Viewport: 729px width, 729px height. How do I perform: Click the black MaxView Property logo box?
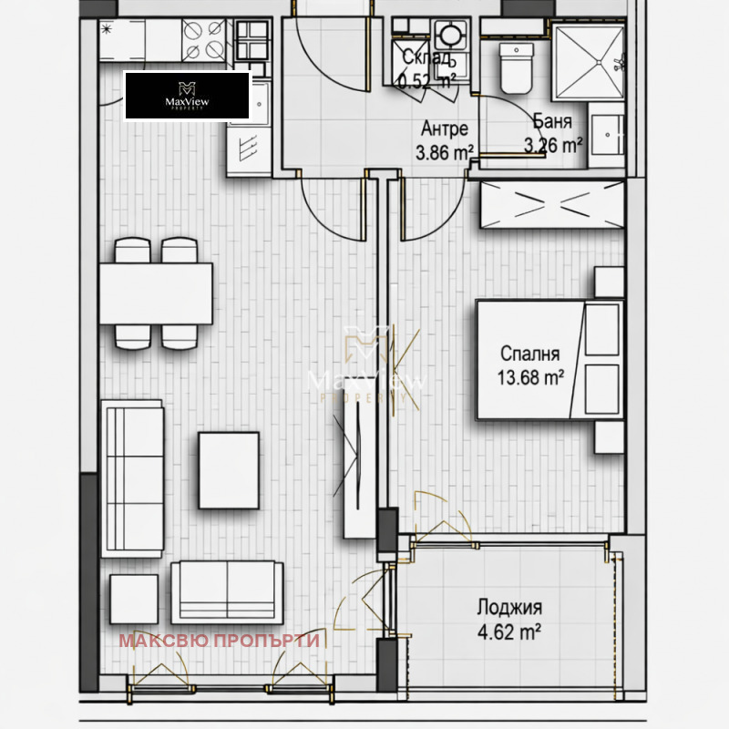[187, 96]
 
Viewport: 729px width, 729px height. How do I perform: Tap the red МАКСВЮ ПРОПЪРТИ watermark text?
[219, 641]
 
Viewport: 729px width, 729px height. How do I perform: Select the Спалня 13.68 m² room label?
[529, 364]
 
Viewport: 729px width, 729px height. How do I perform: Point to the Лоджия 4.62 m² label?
[510, 618]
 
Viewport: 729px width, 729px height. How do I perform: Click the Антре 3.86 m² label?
[445, 141]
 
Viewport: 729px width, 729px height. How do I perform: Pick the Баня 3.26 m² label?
[553, 133]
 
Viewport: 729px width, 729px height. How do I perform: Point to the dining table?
[156, 293]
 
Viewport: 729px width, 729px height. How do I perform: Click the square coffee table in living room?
[229, 469]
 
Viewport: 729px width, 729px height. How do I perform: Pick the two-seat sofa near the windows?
[226, 590]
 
